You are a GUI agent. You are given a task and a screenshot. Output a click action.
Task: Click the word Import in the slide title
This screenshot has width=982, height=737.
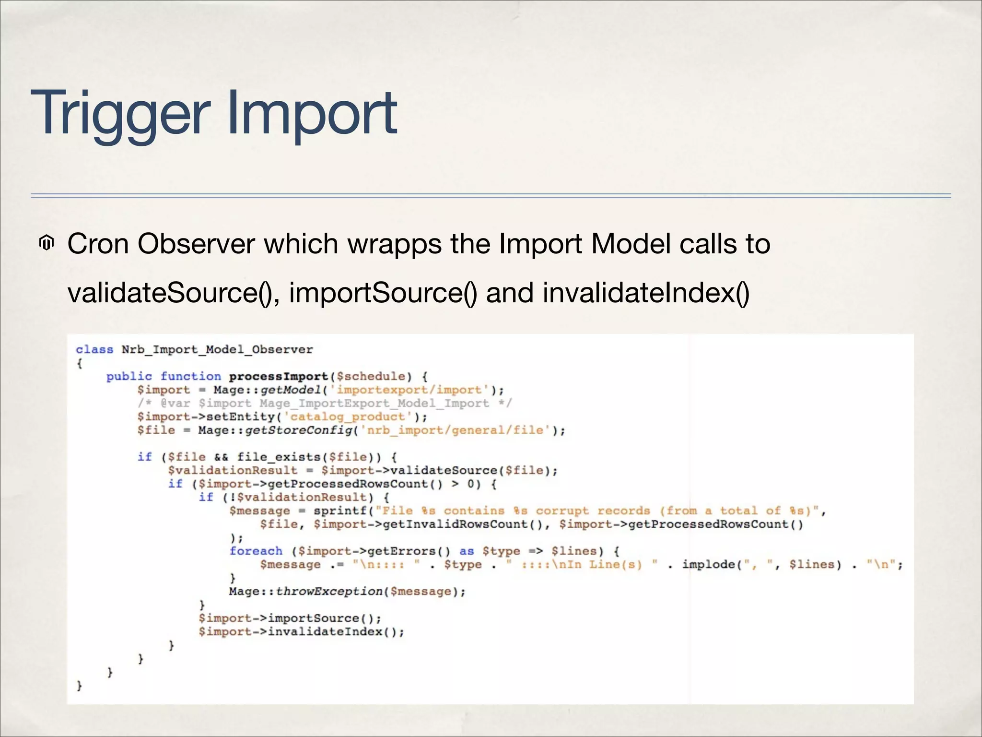click(x=312, y=114)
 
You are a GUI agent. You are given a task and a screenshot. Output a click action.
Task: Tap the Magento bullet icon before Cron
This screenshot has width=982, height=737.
click(x=46, y=244)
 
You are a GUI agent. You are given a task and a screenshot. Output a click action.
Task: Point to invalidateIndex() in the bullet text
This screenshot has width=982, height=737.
click(x=646, y=293)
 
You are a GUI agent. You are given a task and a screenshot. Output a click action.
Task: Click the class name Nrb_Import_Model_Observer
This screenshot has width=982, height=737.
click(x=217, y=350)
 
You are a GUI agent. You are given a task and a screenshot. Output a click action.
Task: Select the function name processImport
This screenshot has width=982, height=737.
click(x=279, y=377)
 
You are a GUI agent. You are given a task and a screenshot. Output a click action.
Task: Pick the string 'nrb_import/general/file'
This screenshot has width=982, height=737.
click(x=456, y=430)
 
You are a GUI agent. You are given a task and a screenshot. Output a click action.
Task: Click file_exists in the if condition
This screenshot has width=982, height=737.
click(x=278, y=457)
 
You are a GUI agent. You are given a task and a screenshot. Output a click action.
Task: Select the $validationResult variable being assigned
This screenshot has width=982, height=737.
click(x=233, y=471)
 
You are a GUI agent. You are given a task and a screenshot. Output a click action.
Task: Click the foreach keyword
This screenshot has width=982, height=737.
click(x=256, y=551)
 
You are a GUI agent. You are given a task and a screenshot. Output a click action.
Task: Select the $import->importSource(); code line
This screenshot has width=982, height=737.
click(x=290, y=618)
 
